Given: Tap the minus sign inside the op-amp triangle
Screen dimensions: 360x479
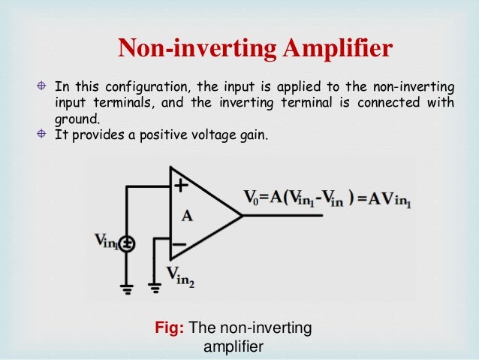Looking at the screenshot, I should [179, 244].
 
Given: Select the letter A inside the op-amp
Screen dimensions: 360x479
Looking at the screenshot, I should [188, 216].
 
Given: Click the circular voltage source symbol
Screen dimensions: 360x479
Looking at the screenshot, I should [128, 243].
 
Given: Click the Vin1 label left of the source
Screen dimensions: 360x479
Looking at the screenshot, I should [106, 241].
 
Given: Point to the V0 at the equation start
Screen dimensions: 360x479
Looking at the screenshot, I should [252, 198].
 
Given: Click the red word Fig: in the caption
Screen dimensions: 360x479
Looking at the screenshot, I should [169, 328].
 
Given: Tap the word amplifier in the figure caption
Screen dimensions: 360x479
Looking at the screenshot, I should [233, 347].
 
